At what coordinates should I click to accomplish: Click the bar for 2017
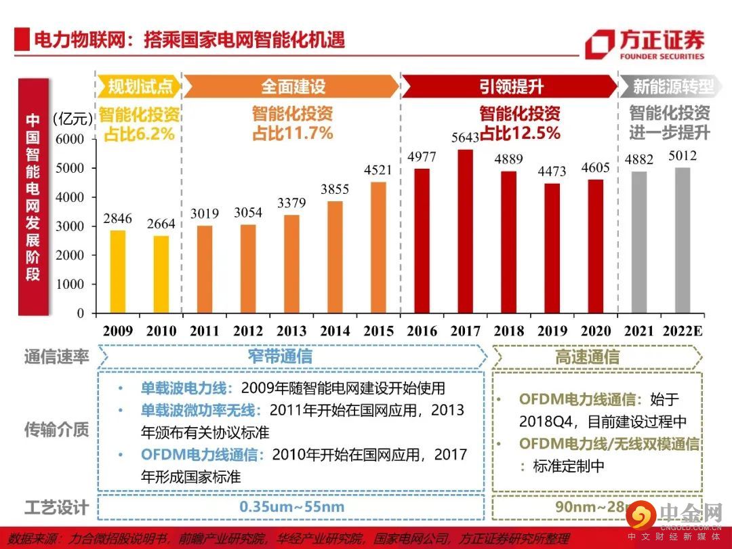[465, 231]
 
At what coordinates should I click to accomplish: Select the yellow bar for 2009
[118, 272]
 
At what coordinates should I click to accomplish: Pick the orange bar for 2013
[291, 264]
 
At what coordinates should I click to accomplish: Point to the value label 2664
[161, 224]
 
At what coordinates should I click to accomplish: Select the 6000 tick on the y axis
[70, 140]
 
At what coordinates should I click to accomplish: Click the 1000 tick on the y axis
[70, 285]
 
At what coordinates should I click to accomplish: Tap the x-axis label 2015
[378, 331]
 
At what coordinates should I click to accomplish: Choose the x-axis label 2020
[596, 331]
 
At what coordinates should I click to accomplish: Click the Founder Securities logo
[644, 45]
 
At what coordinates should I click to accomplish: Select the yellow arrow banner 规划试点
[140, 87]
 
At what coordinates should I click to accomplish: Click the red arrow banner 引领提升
[510, 87]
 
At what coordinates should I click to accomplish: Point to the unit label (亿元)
[71, 119]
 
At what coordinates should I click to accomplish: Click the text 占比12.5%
[521, 133]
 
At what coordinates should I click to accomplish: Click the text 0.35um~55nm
[291, 507]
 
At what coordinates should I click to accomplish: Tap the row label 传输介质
[57, 429]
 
